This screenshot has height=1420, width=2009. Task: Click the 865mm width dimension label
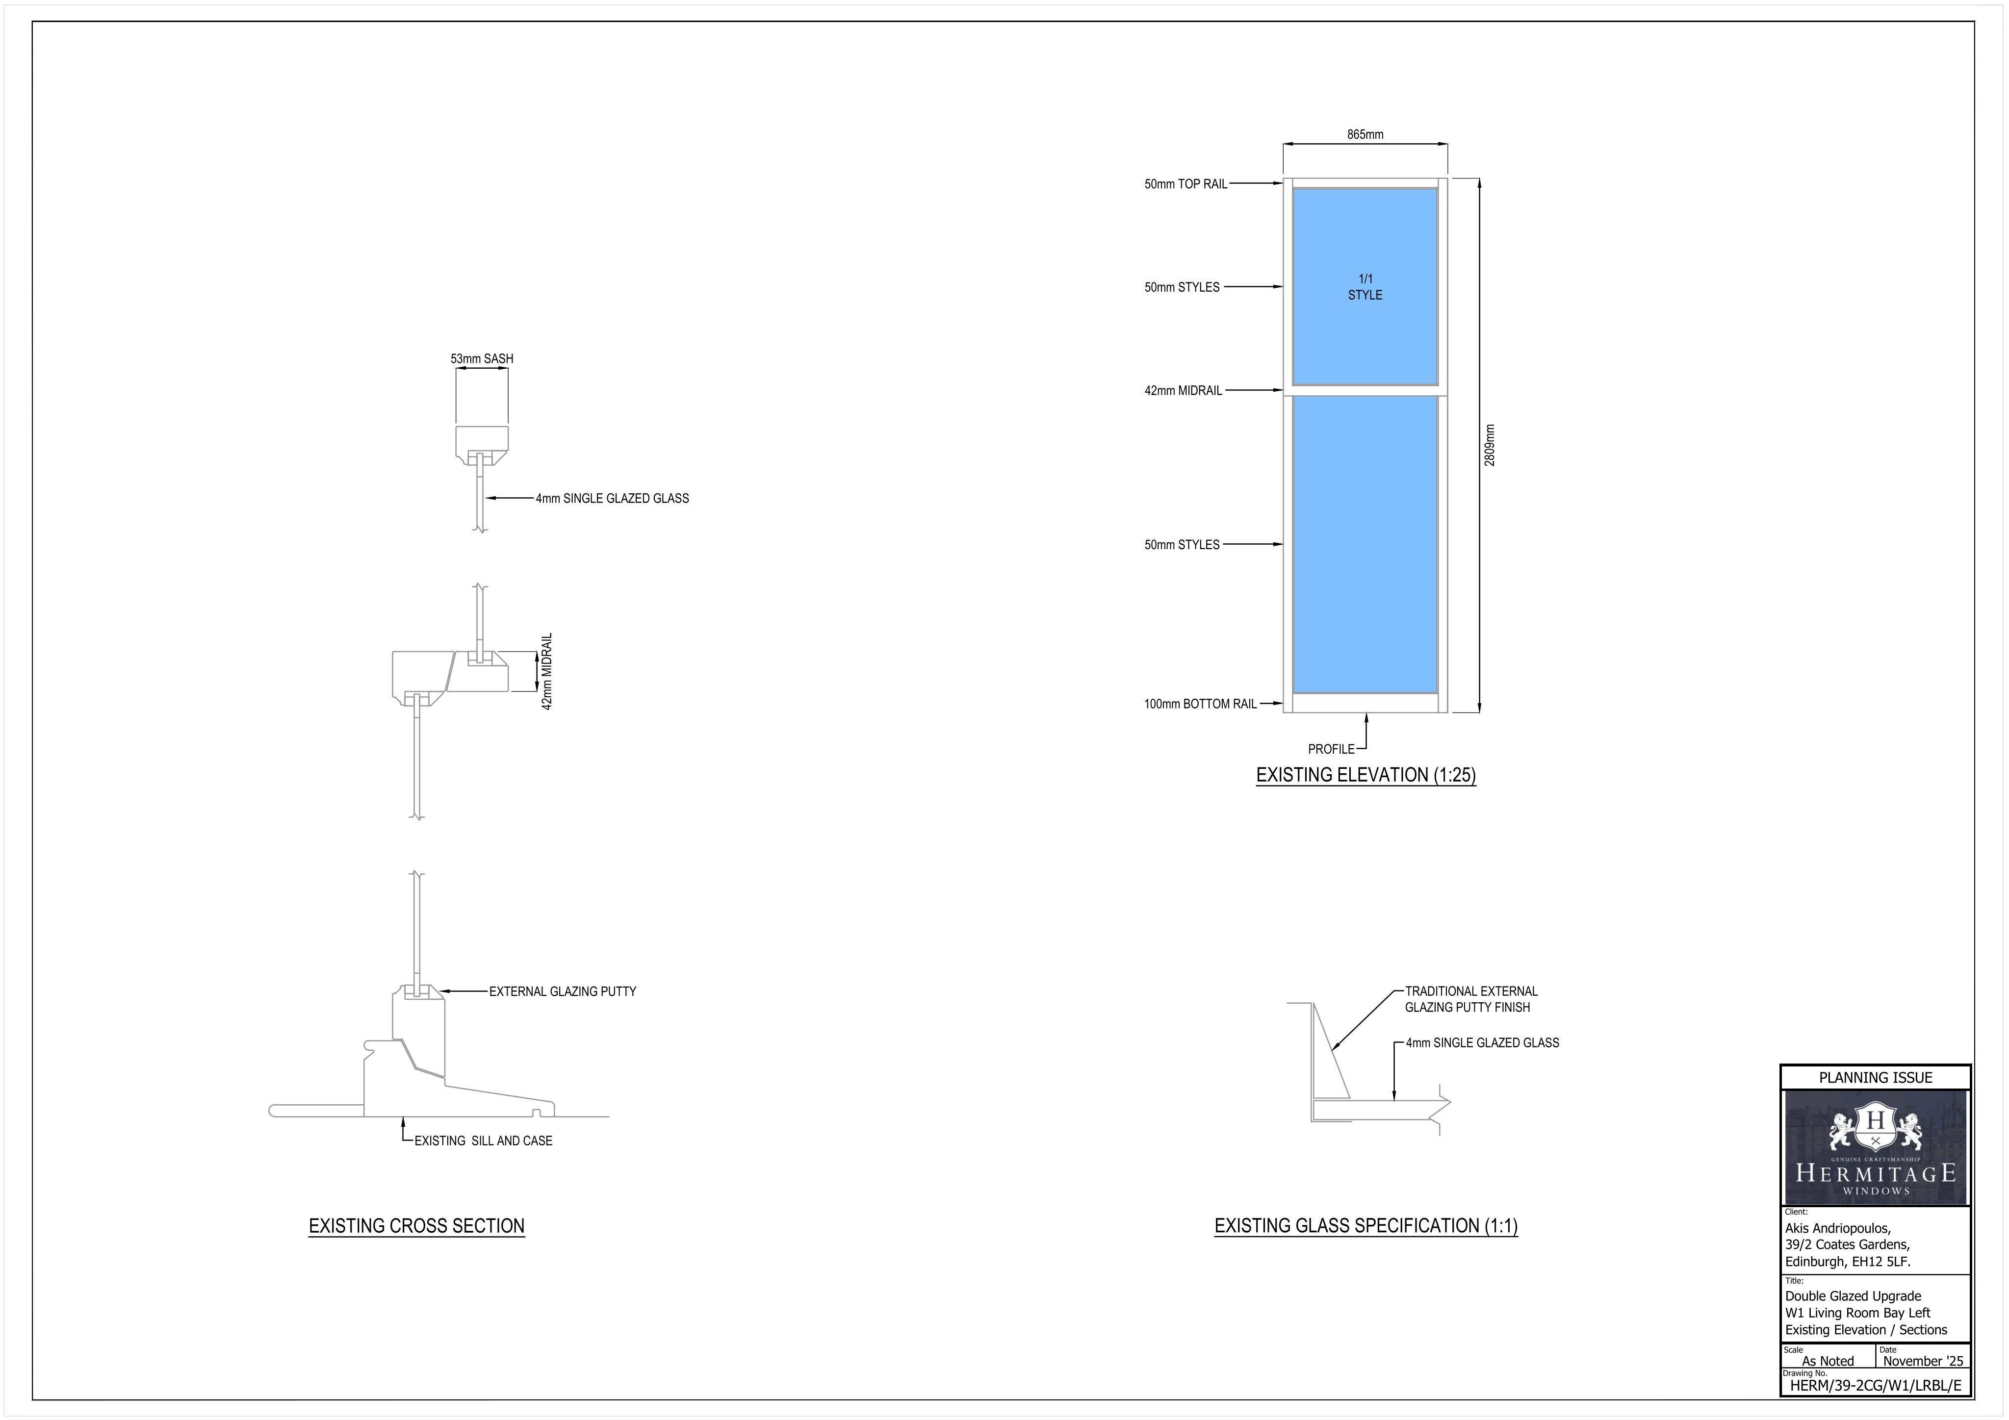point(1365,135)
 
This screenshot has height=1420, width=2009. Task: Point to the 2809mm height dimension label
point(1490,445)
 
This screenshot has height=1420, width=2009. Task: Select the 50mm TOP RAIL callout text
point(1185,184)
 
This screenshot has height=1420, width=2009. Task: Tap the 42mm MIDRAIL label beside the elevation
point(1183,391)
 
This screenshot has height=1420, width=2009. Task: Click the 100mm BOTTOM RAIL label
point(1201,704)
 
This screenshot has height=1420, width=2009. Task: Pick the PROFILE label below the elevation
point(1331,750)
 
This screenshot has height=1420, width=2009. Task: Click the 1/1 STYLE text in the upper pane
point(1365,287)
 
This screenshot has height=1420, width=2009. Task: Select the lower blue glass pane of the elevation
point(1365,545)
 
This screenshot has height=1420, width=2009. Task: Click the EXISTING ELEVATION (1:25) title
point(1366,775)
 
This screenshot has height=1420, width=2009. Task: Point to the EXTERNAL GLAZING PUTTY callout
point(563,992)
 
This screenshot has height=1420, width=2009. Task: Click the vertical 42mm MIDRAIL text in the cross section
point(547,672)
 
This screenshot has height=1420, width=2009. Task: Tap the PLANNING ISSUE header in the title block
point(1875,1078)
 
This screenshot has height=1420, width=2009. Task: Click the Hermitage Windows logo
point(1875,1148)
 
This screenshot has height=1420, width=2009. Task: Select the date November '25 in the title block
point(1923,1361)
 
